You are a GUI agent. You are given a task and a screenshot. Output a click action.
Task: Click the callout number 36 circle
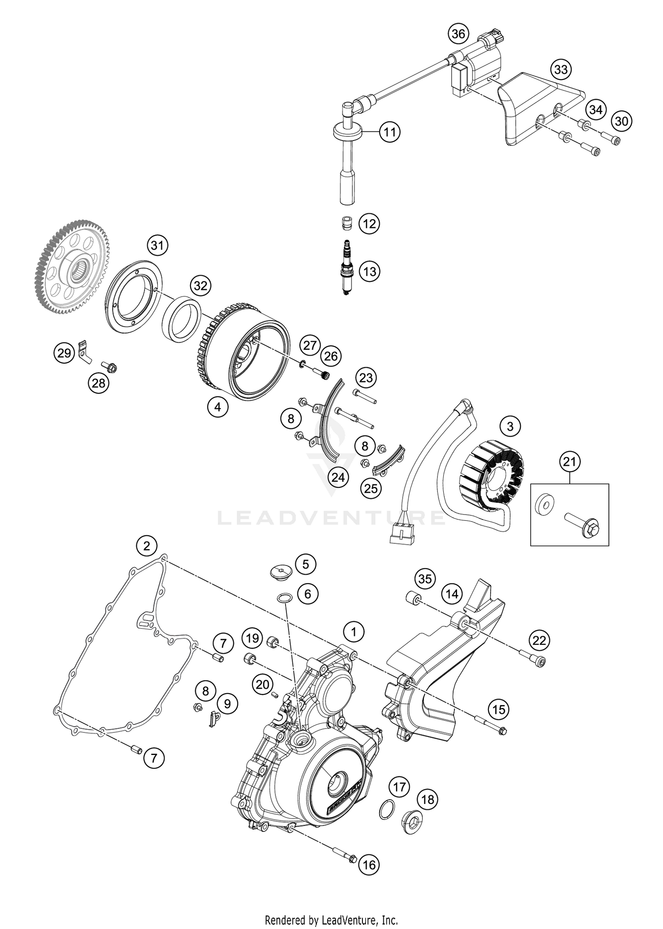click(458, 34)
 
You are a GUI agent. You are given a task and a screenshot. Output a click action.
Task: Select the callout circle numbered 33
click(561, 69)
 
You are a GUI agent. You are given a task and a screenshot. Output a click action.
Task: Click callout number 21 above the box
click(570, 462)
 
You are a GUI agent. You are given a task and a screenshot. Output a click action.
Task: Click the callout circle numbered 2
click(147, 546)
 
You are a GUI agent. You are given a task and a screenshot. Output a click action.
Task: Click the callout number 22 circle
click(539, 640)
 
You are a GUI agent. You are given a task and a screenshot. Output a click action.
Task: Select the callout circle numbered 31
click(157, 246)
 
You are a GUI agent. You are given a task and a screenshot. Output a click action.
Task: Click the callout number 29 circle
click(65, 353)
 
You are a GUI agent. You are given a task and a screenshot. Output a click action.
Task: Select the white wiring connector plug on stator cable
click(402, 532)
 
